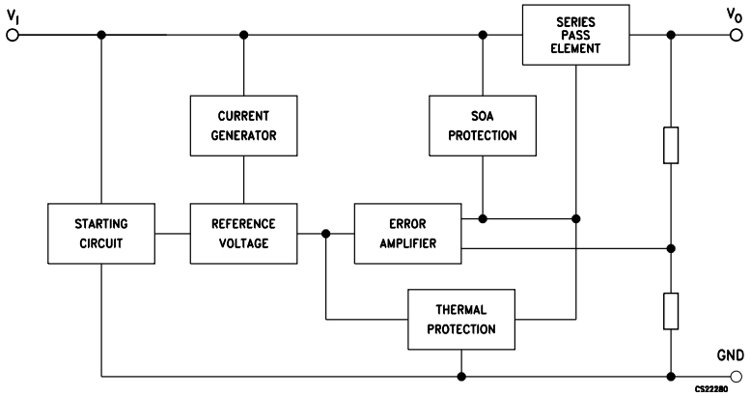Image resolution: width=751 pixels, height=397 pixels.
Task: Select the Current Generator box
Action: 243,125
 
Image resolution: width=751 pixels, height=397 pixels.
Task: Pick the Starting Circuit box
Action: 99,233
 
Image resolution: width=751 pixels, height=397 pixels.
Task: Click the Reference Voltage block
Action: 243,233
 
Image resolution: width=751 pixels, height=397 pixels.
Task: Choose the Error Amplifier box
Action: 408,233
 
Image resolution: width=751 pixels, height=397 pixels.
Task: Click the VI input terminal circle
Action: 13,36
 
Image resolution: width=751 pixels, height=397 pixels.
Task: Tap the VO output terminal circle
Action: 738,36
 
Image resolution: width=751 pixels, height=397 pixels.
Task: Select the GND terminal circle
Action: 738,376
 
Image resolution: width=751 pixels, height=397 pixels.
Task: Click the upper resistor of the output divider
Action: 671,145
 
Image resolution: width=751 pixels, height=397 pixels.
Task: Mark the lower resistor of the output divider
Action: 671,310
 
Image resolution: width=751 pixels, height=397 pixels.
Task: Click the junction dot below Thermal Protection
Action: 462,376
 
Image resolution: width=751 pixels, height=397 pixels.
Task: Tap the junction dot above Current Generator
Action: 243,36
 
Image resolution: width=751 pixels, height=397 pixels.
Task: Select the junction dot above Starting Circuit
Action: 100,36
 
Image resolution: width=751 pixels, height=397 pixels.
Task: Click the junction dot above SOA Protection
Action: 483,36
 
